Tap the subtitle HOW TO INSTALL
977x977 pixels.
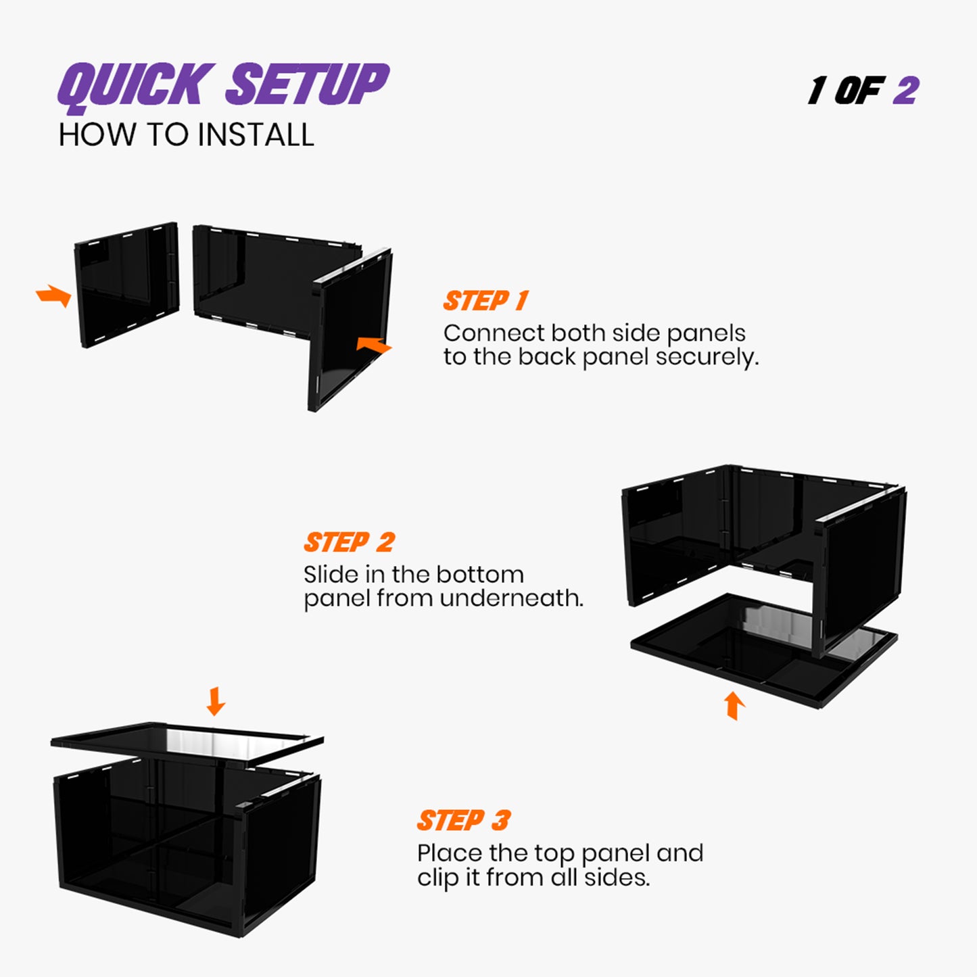[186, 135]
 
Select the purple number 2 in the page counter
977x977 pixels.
[905, 91]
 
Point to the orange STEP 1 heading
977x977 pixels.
[485, 301]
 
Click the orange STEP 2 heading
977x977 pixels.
[349, 542]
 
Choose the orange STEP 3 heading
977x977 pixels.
[463, 821]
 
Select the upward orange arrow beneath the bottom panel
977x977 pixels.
[734, 705]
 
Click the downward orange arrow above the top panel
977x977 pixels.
[216, 701]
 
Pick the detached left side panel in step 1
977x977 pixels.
[127, 284]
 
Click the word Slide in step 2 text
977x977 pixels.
[331, 575]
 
